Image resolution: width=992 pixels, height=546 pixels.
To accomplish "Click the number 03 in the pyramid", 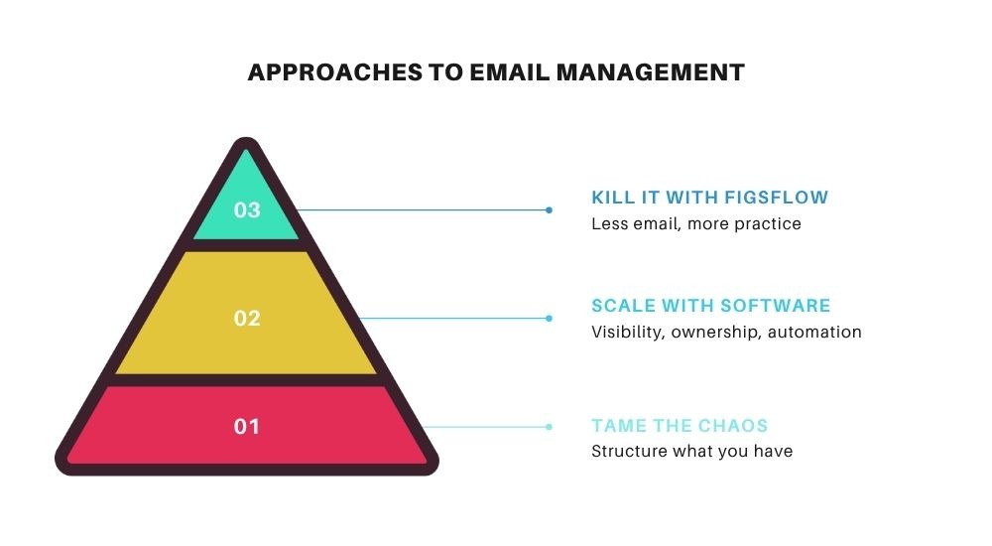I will coord(247,210).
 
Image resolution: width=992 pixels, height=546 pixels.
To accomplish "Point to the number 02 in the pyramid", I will coord(247,319).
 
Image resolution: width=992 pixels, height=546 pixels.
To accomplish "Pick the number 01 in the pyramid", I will coord(247,427).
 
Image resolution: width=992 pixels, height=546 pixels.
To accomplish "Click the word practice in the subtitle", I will coord(767,223).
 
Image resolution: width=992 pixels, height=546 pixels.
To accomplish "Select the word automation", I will coord(813,332).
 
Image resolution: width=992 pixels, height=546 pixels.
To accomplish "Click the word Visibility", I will coord(627,332).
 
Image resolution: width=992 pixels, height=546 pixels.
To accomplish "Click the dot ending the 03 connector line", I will coord(549,210).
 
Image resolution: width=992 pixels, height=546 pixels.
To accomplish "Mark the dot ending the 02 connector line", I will coord(549,319).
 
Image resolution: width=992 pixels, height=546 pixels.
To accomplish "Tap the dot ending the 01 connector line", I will coord(549,427).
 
